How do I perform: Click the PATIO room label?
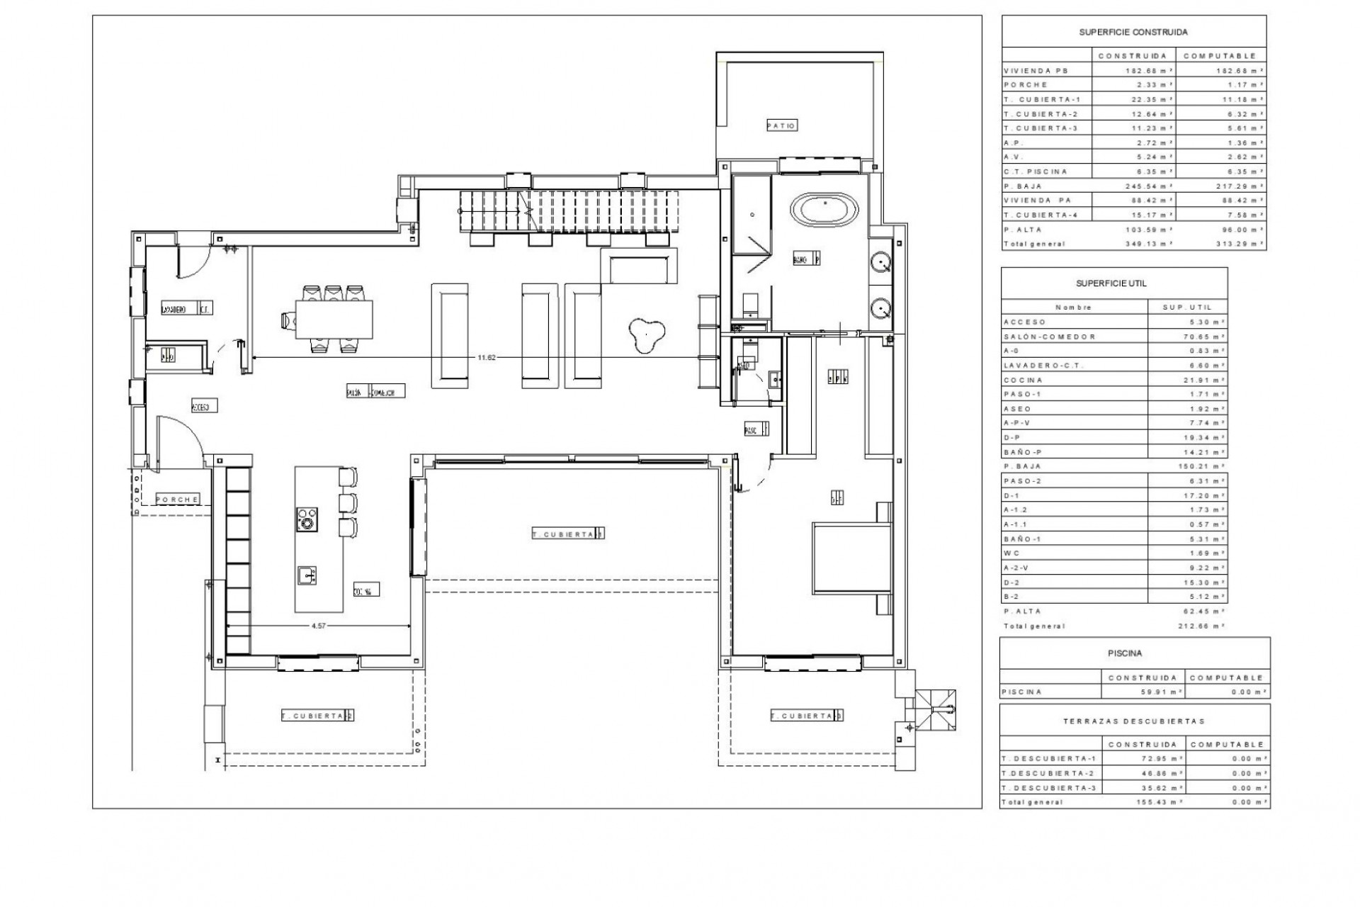coord(782,125)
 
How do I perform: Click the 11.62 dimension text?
coord(486,358)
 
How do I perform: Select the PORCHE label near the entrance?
coord(177,499)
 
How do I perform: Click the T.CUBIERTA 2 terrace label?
coord(317,716)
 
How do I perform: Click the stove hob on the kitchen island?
coord(307,519)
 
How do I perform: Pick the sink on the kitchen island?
coord(307,575)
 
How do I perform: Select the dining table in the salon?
coord(334,320)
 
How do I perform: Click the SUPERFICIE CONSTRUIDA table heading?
coord(1133,32)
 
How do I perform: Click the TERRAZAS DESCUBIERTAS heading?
coord(1133,721)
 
